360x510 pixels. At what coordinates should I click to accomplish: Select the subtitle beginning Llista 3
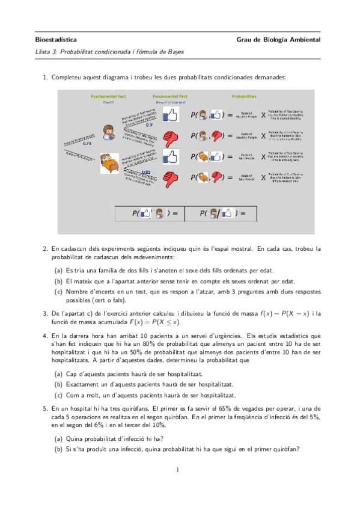(110, 52)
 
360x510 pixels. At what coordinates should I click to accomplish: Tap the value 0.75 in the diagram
(87, 144)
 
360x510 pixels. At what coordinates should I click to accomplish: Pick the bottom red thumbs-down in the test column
(171, 178)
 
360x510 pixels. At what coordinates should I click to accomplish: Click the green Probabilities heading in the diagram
(244, 96)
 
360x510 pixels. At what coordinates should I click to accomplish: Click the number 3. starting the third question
(46, 313)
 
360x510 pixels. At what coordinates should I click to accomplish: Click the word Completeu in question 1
(66, 78)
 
